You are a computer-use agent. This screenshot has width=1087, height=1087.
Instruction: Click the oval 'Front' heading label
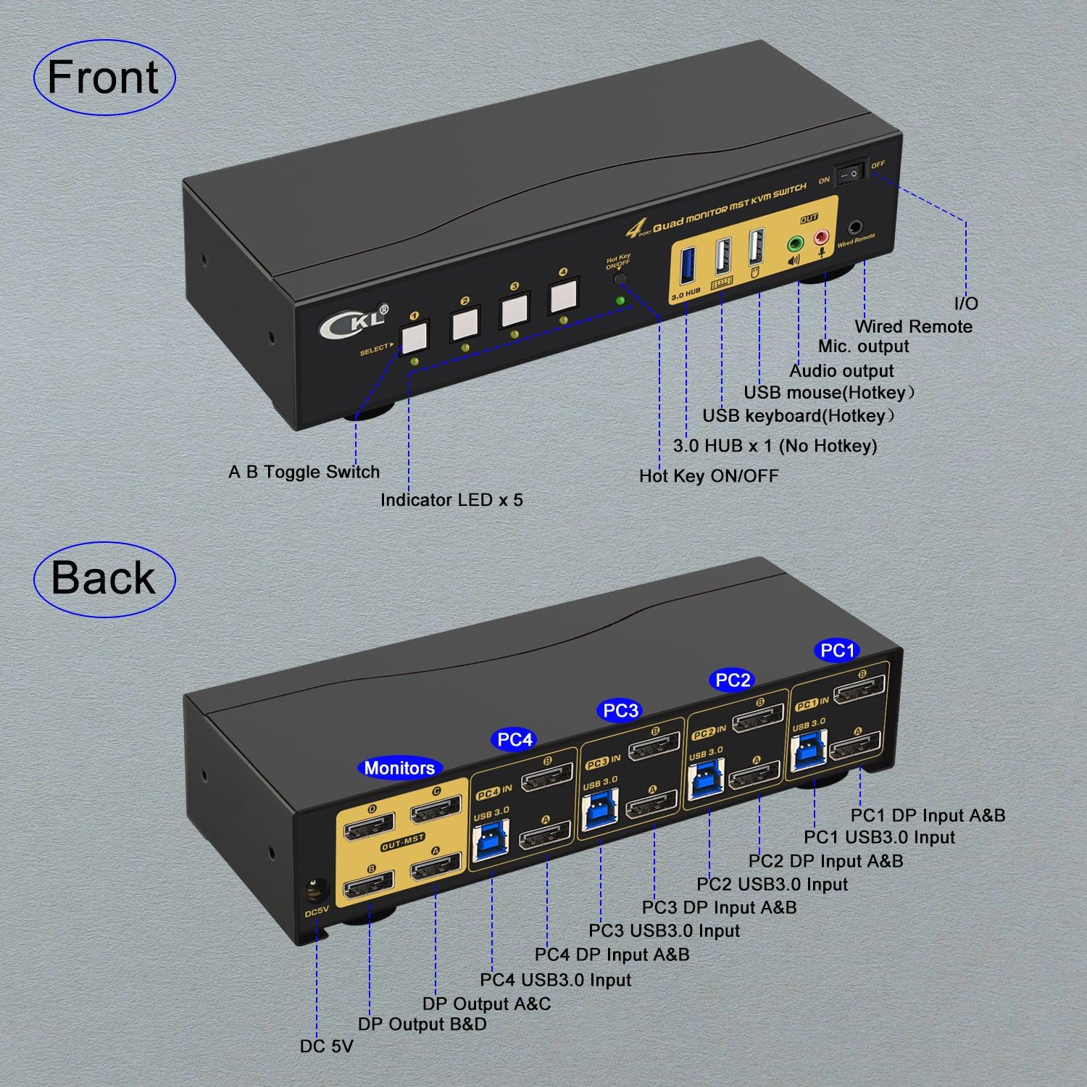(x=104, y=78)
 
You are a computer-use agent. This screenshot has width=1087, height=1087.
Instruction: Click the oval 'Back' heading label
(x=104, y=579)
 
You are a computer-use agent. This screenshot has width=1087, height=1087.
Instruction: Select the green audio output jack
(x=796, y=242)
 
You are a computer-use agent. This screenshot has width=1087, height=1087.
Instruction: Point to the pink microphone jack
(x=822, y=238)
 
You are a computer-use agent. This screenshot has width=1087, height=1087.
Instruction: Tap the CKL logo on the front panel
(x=353, y=321)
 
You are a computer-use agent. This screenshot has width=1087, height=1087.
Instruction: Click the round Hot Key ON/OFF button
(x=620, y=278)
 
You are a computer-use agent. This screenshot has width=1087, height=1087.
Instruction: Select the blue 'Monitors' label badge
(x=399, y=768)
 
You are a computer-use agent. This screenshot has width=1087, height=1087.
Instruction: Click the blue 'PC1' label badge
(x=838, y=651)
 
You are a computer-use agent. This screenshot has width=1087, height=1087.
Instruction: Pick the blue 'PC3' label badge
(x=620, y=711)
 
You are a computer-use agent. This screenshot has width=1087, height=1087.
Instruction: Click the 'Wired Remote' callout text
(x=913, y=327)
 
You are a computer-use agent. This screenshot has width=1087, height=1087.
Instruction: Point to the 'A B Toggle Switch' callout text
(x=304, y=472)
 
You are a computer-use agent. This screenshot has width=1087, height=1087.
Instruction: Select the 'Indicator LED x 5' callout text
(x=451, y=500)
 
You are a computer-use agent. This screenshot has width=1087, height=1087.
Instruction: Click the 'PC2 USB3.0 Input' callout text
(x=772, y=885)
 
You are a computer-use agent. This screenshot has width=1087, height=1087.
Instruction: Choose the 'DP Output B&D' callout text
(x=422, y=1025)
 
